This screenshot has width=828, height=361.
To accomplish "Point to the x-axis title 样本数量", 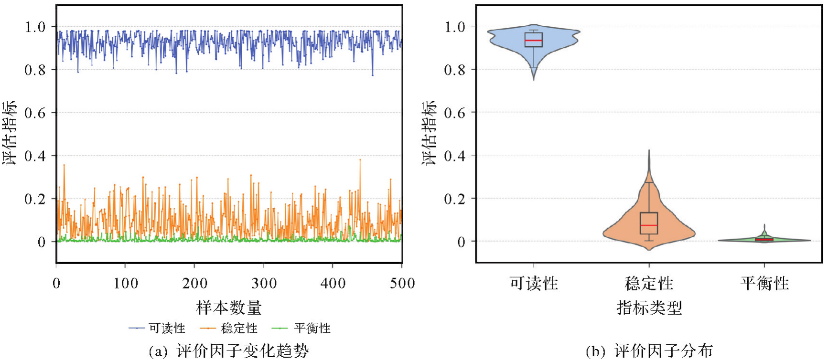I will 229,308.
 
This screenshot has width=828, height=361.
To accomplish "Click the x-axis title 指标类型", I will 649,308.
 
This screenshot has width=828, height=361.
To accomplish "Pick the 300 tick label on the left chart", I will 264,284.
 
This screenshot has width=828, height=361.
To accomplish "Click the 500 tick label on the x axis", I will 402,284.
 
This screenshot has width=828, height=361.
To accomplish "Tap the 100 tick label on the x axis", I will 125,284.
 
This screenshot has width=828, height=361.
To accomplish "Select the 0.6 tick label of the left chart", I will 35,113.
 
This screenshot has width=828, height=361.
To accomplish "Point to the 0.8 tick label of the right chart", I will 454,70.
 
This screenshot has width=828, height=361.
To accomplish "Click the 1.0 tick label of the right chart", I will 454,27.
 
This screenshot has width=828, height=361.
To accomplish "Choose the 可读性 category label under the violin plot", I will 534,284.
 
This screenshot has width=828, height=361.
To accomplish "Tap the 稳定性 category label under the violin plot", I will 649,284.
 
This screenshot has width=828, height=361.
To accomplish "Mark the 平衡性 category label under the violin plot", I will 764,284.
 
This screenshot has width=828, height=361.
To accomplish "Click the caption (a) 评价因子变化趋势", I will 229,351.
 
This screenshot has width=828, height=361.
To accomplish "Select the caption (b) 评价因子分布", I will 649,351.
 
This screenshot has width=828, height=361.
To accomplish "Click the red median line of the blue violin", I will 533,41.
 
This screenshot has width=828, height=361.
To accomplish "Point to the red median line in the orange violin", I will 649,225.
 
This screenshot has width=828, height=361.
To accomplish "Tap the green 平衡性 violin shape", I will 784,240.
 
